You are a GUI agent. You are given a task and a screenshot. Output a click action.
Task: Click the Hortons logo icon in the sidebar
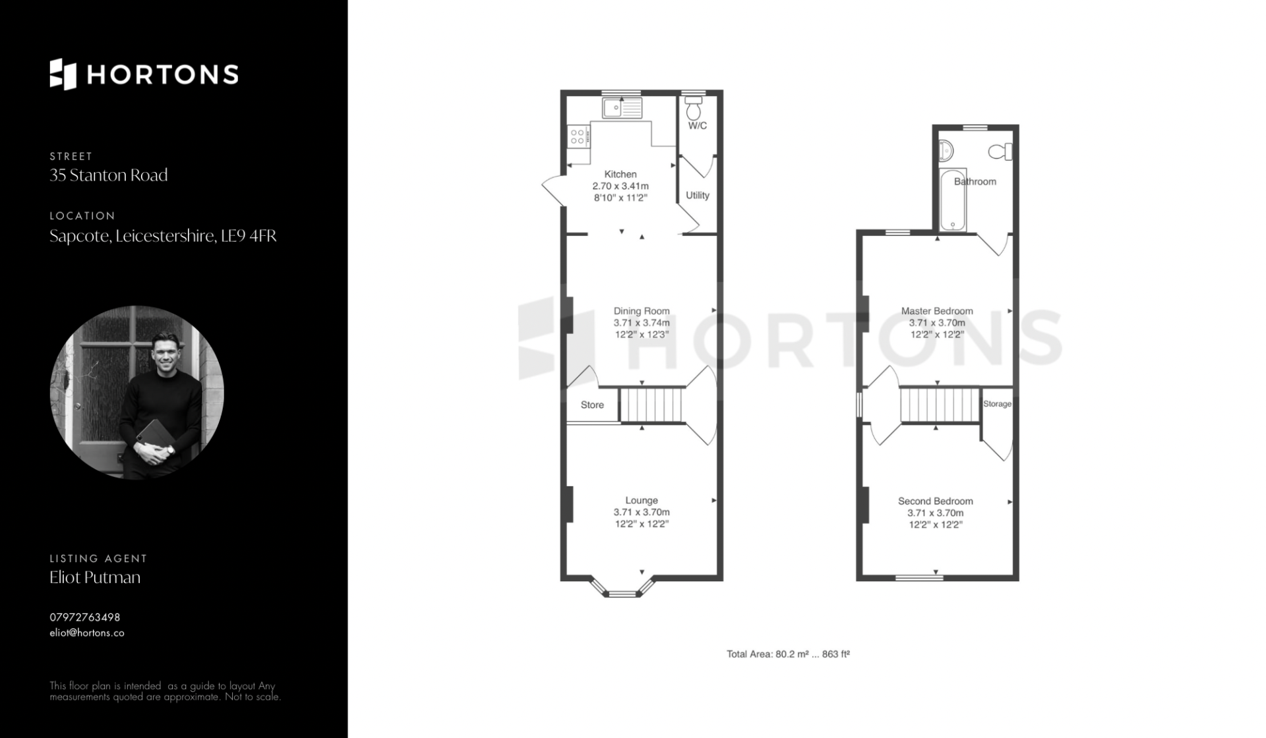click(63, 74)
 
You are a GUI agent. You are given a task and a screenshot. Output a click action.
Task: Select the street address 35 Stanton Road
click(109, 175)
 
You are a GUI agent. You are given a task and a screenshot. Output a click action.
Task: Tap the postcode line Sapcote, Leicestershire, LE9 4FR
click(163, 236)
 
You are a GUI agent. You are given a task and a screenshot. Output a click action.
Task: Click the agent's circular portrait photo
click(137, 392)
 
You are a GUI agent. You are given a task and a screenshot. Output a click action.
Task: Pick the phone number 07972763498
click(85, 617)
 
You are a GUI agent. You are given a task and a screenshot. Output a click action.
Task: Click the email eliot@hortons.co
click(87, 633)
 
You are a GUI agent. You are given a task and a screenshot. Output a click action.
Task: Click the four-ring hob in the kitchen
click(578, 136)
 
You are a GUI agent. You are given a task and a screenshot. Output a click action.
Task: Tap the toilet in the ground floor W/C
click(693, 107)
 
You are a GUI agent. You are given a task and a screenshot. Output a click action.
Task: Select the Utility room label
click(698, 196)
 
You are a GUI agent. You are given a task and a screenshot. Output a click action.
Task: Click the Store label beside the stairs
click(592, 405)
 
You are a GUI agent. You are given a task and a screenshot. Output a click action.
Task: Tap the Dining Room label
click(642, 311)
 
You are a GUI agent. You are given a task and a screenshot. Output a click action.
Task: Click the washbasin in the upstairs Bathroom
click(946, 152)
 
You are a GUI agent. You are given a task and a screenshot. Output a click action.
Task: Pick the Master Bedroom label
click(937, 311)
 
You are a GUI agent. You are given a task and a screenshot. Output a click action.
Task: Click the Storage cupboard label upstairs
click(997, 404)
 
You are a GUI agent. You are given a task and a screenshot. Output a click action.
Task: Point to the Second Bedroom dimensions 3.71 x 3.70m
click(936, 513)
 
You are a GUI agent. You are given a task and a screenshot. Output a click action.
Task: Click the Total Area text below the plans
click(788, 654)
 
